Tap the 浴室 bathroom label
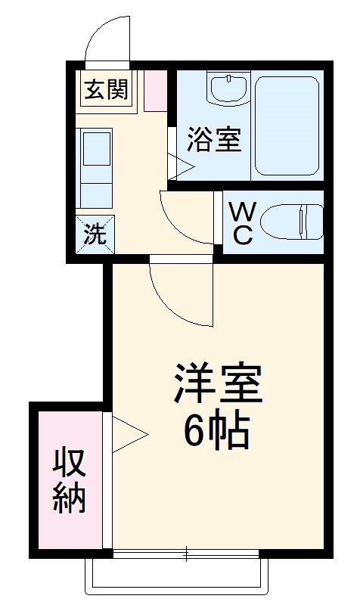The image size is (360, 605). tap(214, 140)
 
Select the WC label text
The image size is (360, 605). tap(241, 222)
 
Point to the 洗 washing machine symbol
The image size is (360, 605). tap(95, 234)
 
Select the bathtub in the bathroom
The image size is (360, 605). tap(287, 124)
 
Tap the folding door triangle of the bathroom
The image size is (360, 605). tap(182, 166)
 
